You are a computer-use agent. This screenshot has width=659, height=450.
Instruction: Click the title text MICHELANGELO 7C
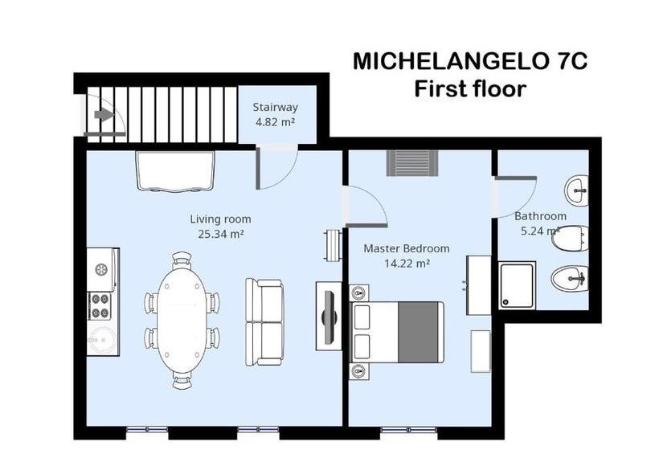tap(470, 62)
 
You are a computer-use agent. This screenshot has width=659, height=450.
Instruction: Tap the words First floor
tap(470, 88)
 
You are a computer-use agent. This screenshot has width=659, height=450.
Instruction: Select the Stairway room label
tap(276, 107)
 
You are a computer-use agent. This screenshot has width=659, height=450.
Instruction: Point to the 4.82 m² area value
tap(276, 122)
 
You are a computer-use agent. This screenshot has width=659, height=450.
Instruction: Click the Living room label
tap(220, 219)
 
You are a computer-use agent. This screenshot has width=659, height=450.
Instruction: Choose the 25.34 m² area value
tap(220, 234)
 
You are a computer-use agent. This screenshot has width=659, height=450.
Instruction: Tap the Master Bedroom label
tap(407, 248)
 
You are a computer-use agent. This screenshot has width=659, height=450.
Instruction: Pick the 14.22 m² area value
tap(407, 263)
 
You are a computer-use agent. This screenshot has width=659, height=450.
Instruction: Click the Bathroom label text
tap(540, 216)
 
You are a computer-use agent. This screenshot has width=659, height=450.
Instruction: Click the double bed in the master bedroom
tap(397, 331)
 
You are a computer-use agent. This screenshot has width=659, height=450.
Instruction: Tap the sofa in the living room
tap(264, 321)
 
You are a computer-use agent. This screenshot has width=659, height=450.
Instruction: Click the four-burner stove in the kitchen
tap(100, 306)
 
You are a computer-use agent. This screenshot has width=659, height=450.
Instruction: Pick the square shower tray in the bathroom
tap(517, 285)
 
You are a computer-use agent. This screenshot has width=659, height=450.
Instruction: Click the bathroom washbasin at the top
tap(577, 190)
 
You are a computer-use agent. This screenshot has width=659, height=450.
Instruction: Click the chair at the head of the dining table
tap(182, 258)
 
